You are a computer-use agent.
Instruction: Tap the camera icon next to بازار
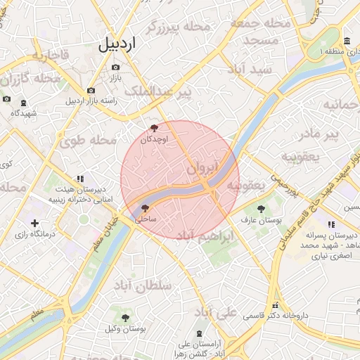pos(115,67)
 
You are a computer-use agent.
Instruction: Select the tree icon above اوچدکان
pos(155,128)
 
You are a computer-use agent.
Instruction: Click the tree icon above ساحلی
pos(146,208)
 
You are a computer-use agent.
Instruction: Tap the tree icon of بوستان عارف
pos(262,209)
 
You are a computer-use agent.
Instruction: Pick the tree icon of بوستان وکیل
pos(125,318)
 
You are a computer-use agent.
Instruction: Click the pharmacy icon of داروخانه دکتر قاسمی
pos(275,305)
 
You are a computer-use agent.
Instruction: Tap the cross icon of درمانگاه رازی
pos(34,223)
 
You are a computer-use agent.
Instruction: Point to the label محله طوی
pos(87,140)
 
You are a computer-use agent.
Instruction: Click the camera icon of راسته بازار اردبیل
pos(91,90)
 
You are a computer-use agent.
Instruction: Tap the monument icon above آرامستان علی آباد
pos(202,333)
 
